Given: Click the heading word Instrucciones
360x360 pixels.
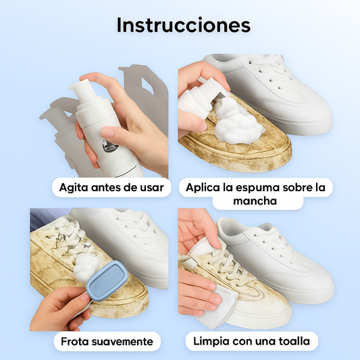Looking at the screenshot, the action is click(x=184, y=25).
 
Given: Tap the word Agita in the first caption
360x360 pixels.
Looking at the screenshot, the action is click(x=74, y=188).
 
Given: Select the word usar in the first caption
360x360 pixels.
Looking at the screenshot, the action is click(x=152, y=187).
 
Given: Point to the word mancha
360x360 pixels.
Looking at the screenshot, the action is click(x=255, y=201).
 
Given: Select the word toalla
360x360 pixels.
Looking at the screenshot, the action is click(x=294, y=341).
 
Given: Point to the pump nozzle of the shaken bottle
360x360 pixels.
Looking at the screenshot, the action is click(x=80, y=85).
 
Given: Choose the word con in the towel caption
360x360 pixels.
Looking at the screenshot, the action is click(x=242, y=341).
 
